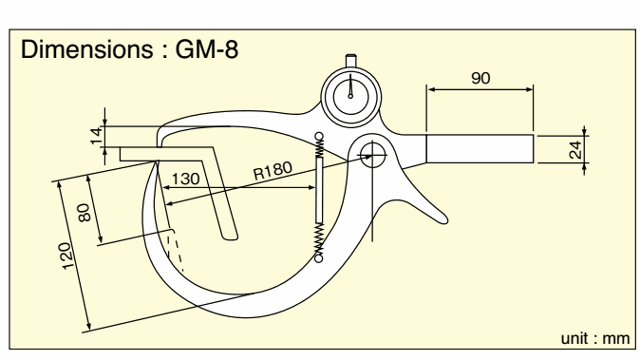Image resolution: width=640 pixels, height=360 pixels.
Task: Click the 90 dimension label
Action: coord(480,78)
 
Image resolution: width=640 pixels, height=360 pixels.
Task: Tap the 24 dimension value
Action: coord(575,150)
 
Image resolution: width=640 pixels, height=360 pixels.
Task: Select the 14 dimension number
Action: coord(96,136)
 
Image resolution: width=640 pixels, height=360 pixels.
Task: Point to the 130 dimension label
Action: coord(186,180)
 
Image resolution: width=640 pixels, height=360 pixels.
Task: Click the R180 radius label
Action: coord(273,171)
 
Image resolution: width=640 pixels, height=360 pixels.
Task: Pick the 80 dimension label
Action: coord(84,213)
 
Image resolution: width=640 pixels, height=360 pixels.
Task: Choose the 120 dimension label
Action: coord(68,256)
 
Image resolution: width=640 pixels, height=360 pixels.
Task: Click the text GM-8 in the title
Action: coord(207,49)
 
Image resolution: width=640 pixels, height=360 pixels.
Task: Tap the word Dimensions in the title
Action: coord(86,49)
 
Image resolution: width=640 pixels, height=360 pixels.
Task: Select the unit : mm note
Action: coord(594,339)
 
